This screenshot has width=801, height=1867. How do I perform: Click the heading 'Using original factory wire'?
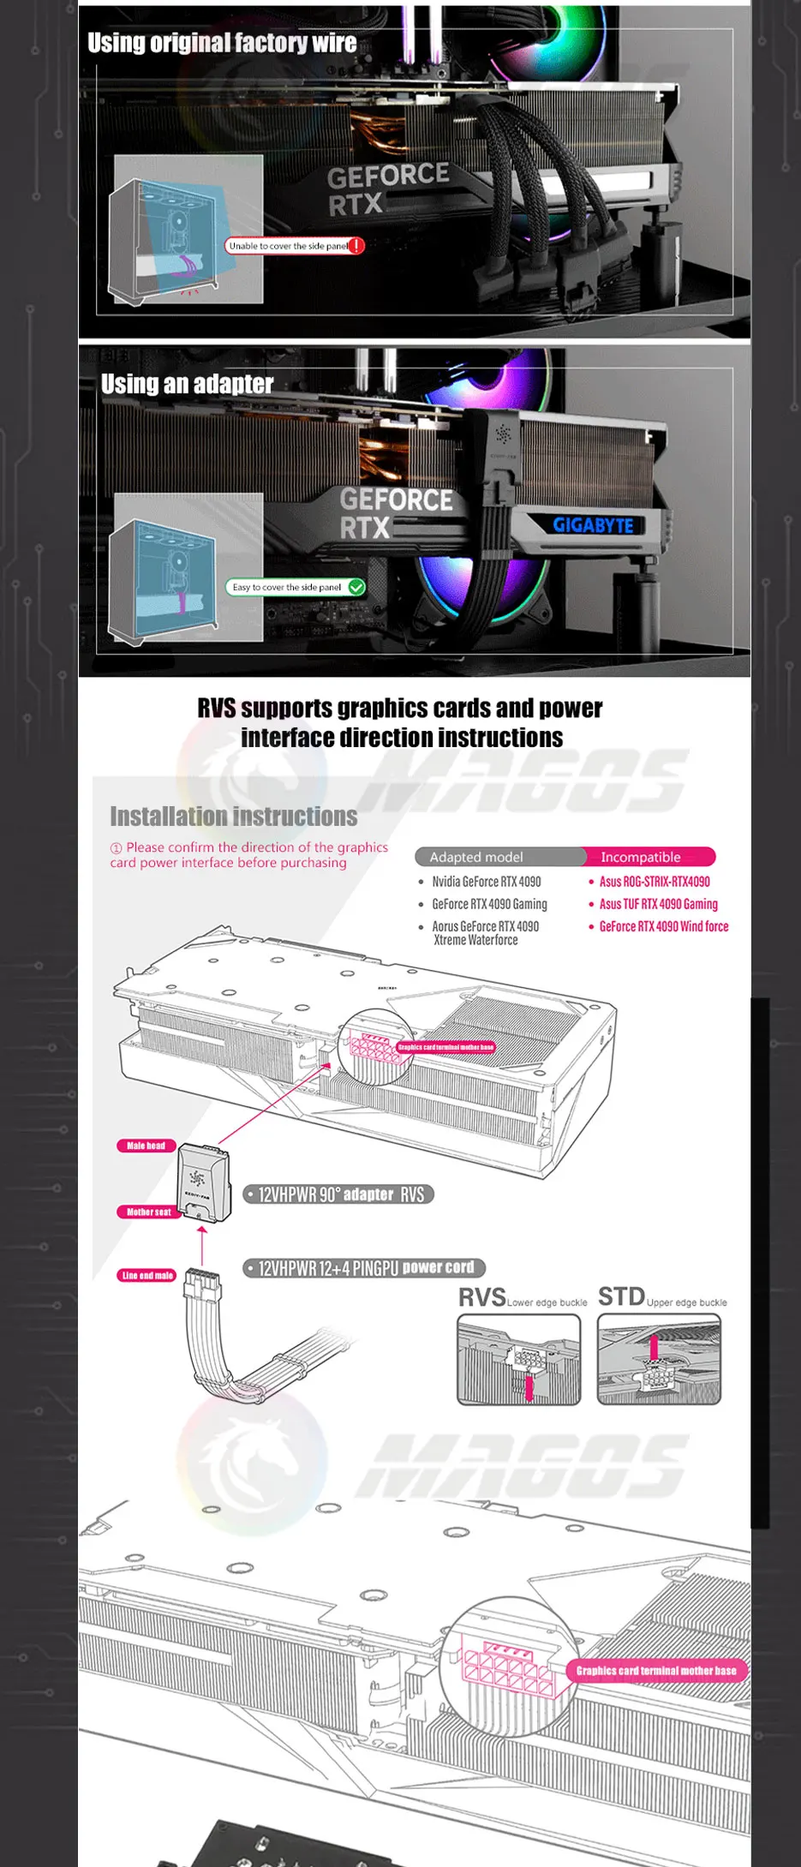pyautogui.click(x=222, y=43)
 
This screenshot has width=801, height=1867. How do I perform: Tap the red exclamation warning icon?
pyautogui.click(x=356, y=246)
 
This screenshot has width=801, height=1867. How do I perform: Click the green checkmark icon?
pyautogui.click(x=357, y=587)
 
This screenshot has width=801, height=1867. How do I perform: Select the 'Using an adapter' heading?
pyautogui.click(x=187, y=384)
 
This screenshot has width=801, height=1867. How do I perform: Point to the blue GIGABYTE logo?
pyautogui.click(x=593, y=524)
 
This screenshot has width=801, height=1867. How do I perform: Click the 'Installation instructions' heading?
pyautogui.click(x=233, y=816)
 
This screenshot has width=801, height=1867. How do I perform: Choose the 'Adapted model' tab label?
pyautogui.click(x=476, y=857)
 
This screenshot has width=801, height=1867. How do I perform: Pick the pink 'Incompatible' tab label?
pyautogui.click(x=641, y=857)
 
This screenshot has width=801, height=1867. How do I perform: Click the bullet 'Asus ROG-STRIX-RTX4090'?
pyautogui.click(x=654, y=882)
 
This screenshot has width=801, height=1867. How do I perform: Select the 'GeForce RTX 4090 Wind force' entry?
pyautogui.click(x=663, y=926)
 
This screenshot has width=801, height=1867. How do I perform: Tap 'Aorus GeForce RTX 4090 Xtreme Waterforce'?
pyautogui.click(x=485, y=933)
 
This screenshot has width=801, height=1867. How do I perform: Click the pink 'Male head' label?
pyautogui.click(x=146, y=1146)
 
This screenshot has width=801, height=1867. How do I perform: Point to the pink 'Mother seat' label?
pyautogui.click(x=149, y=1212)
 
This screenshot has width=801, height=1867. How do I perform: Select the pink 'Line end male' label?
pyautogui.click(x=147, y=1275)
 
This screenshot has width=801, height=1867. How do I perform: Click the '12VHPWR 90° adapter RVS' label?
pyautogui.click(x=340, y=1194)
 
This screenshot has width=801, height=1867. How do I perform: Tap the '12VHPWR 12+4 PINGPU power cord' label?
pyautogui.click(x=365, y=1268)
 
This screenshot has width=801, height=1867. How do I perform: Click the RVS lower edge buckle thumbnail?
pyautogui.click(x=519, y=1360)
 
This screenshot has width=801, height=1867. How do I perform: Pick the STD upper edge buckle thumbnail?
pyautogui.click(x=659, y=1360)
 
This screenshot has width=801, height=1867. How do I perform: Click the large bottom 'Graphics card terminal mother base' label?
pyautogui.click(x=655, y=1670)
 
